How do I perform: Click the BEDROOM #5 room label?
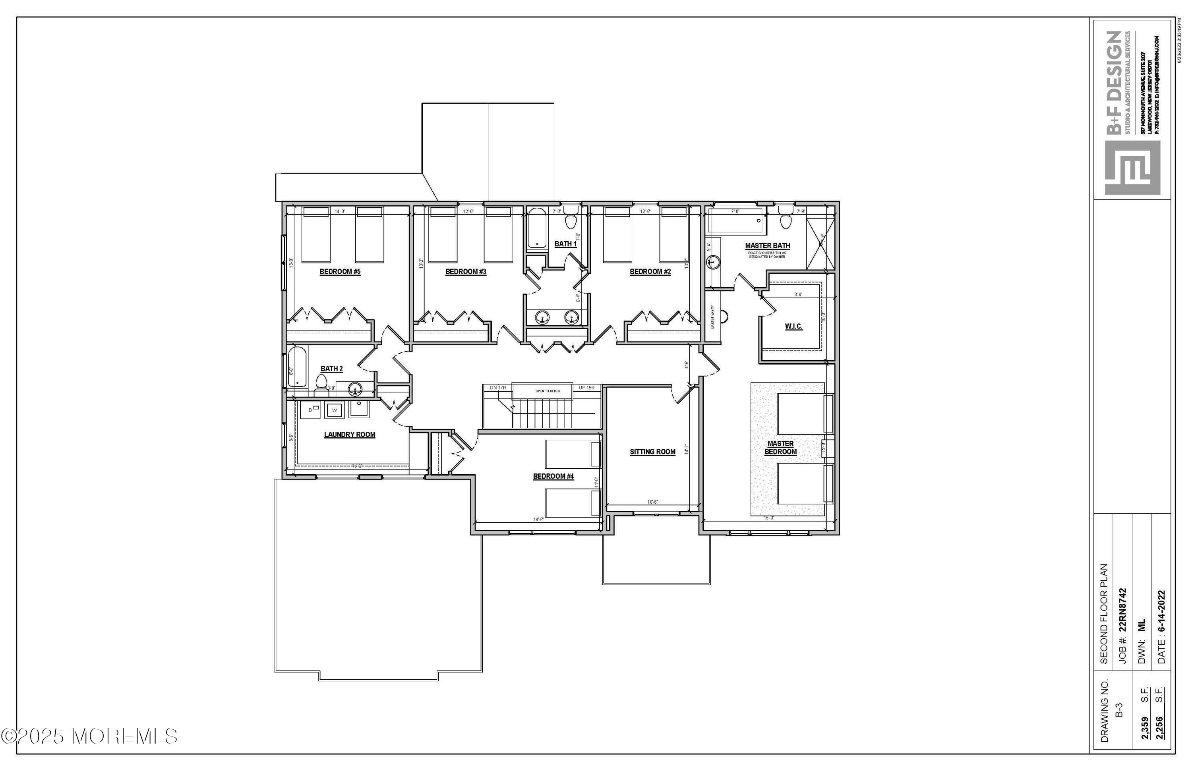point(340,272)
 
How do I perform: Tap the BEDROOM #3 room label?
point(466,272)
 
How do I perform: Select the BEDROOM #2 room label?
point(650,272)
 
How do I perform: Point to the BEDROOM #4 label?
point(553,476)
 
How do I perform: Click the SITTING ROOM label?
point(652,452)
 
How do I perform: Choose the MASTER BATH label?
point(767,246)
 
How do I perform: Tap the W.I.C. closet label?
point(793,327)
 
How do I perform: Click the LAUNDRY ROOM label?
point(350,435)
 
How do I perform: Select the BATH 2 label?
point(331,369)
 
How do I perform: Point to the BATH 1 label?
point(565,244)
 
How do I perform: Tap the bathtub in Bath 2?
point(297,367)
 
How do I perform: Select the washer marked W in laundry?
point(335,410)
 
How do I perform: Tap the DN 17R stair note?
point(498,388)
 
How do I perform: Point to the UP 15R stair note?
point(586,388)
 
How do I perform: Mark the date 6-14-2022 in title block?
point(1161,627)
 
